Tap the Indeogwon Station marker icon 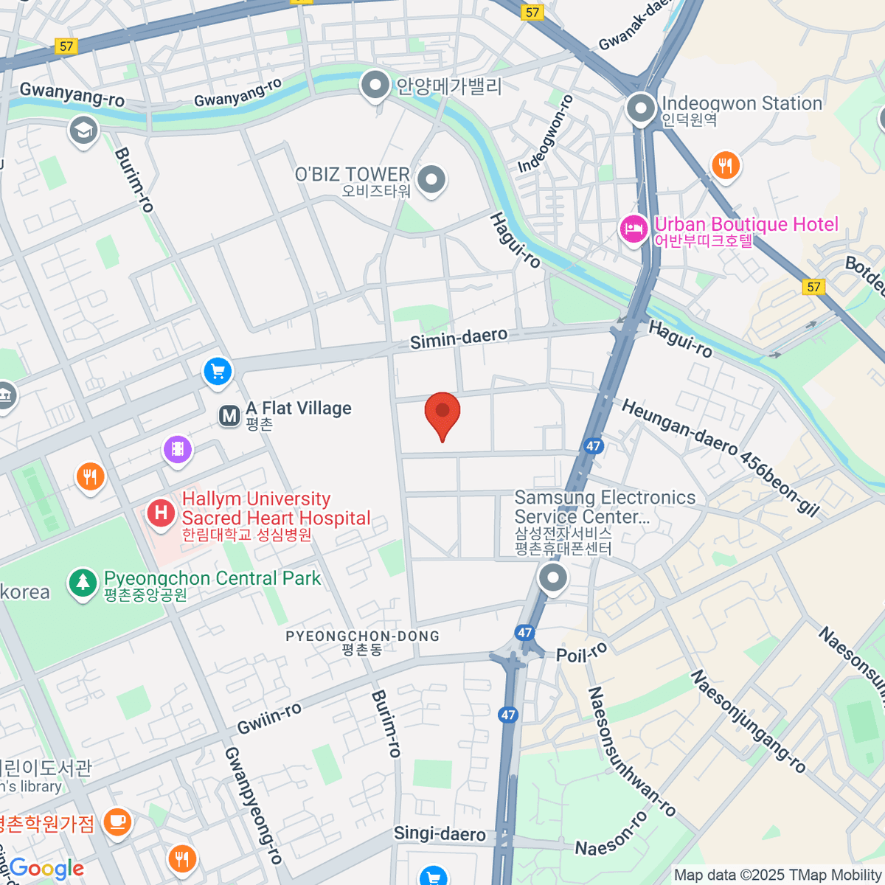641,109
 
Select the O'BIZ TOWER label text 352,175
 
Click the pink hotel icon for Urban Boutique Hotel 634,229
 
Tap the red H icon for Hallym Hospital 161,512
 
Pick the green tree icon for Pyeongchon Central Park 83,583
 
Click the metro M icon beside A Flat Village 230,416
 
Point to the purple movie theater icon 177,448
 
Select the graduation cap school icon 83,131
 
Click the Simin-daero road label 459,339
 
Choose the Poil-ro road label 582,653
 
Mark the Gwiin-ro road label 269,718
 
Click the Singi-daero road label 440,833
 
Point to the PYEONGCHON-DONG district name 362,636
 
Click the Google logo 46,869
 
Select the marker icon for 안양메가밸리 375,86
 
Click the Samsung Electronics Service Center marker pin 552,578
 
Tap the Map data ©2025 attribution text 777,875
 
